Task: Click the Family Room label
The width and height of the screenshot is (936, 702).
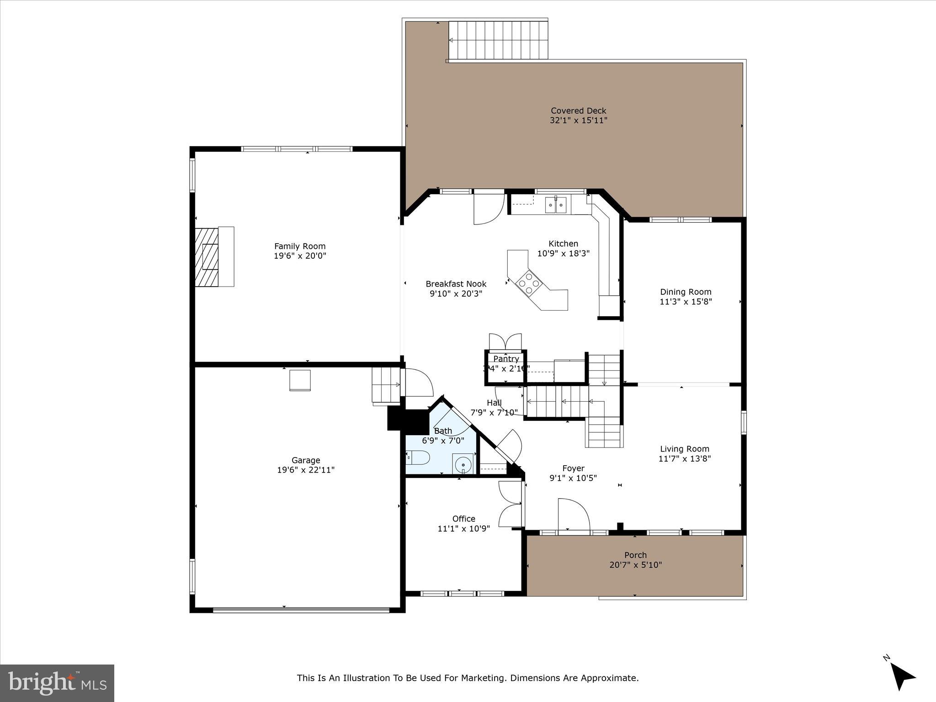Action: [x=300, y=246]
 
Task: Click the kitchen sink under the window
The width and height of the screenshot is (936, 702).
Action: [x=556, y=205]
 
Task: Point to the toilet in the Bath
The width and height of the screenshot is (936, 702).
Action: [x=418, y=457]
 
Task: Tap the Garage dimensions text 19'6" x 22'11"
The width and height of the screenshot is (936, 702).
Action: [x=306, y=470]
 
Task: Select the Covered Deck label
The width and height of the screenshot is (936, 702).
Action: [x=578, y=111]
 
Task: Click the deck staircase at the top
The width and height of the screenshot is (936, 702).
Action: [x=498, y=41]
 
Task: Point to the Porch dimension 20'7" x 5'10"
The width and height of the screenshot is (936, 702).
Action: [x=635, y=565]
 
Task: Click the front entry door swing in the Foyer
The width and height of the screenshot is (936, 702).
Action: [x=574, y=515]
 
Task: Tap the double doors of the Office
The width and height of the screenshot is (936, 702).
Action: [x=511, y=504]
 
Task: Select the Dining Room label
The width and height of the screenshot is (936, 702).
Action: [x=686, y=292]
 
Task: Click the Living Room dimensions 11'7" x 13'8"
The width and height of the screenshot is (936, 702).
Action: [x=684, y=459]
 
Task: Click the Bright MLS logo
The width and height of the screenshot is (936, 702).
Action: [x=57, y=683]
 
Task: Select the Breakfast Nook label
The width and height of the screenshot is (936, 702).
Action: [x=456, y=284]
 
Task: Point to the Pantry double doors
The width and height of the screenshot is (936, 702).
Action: [x=505, y=342]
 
